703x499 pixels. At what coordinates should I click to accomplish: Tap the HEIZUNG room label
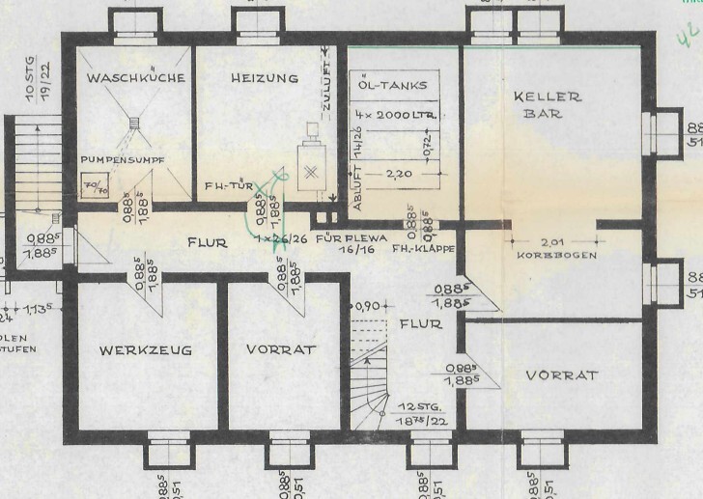click(264, 78)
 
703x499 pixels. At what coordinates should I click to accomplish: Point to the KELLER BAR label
click(548, 105)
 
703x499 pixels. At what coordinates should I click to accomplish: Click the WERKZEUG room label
click(145, 349)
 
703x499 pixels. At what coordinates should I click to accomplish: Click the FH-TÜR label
click(228, 187)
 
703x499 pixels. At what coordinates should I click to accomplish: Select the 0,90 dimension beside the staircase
click(368, 306)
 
